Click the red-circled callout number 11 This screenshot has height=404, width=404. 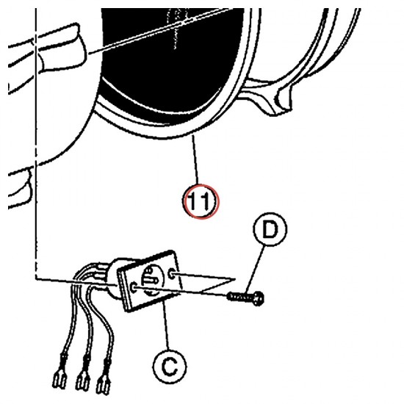[x=201, y=201]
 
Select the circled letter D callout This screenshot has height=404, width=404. [x=270, y=229]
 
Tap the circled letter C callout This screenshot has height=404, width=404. [x=169, y=366]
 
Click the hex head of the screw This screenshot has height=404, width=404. [x=257, y=298]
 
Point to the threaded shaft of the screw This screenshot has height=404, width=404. [x=239, y=297]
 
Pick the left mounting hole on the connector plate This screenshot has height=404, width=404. [x=134, y=286]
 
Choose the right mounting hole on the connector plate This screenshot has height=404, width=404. [x=172, y=275]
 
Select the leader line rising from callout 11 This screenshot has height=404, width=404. [x=195, y=159]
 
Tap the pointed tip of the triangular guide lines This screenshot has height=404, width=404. [x=234, y=279]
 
